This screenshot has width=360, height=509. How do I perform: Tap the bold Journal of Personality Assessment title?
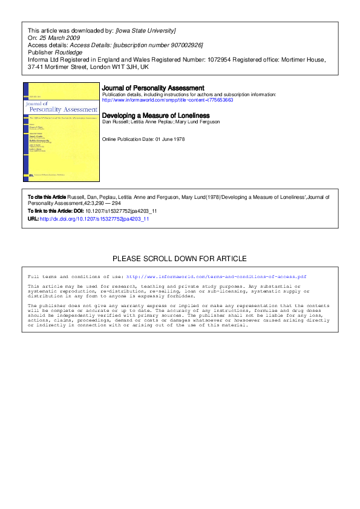pyautogui.click(x=153, y=88)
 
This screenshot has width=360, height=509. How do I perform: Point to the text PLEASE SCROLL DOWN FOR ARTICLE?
pyautogui.click(x=180, y=259)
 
